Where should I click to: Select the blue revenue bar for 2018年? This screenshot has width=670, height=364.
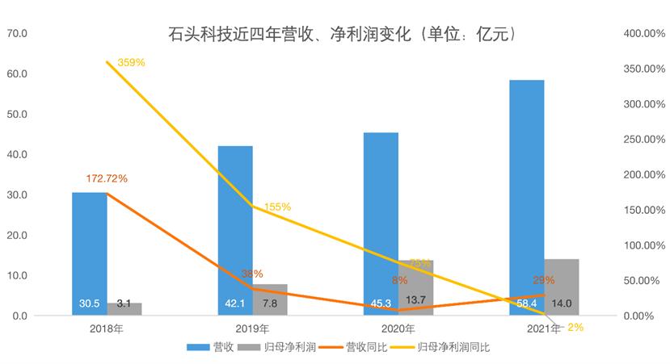[89, 250]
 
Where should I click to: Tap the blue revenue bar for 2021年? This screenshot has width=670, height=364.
[526, 194]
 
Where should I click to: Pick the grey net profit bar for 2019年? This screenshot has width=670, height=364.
[269, 299]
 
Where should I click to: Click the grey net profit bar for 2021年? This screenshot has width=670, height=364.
[561, 287]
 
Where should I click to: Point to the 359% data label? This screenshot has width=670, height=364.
[131, 62]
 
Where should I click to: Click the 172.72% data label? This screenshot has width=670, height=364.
[107, 178]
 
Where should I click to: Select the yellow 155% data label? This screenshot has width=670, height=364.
[277, 207]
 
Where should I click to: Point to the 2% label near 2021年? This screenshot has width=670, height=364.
[576, 328]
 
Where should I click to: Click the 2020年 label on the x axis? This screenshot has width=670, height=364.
[397, 328]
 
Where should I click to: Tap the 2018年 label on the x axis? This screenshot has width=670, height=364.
[106, 328]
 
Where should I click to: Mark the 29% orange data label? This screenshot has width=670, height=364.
[543, 281]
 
